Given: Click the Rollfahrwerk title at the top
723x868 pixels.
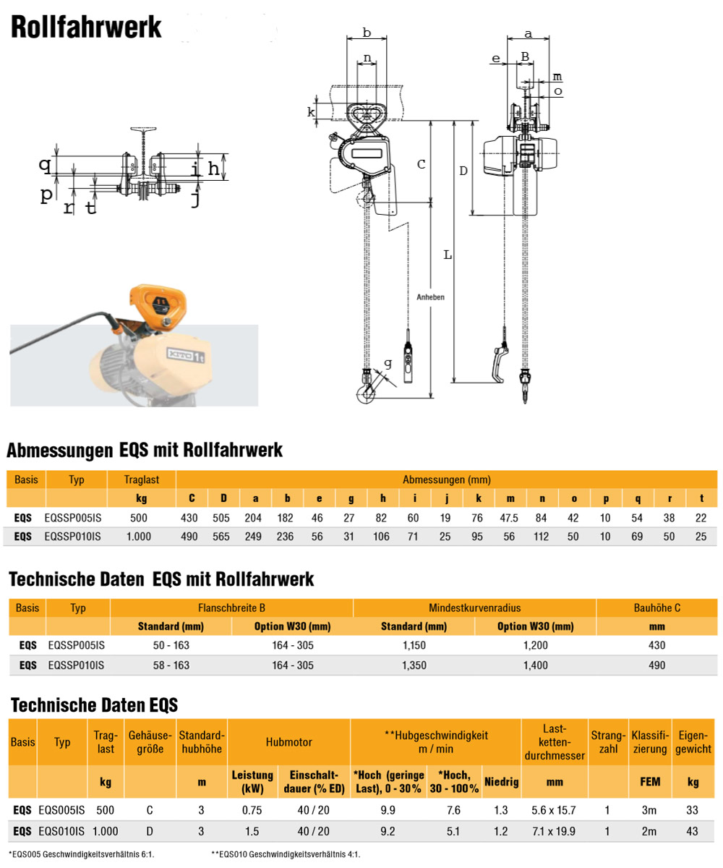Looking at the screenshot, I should (x=85, y=27).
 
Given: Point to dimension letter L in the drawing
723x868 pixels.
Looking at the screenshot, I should (x=448, y=255).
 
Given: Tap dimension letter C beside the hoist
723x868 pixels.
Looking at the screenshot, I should (x=422, y=164).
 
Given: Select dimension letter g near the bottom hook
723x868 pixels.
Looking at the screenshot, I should (x=388, y=362).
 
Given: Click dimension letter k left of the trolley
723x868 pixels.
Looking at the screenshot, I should (x=311, y=112).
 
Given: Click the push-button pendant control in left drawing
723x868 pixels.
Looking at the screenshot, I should (x=408, y=359).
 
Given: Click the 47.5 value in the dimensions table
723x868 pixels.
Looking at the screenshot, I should (x=510, y=517).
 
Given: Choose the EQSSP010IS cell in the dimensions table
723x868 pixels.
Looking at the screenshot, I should (x=72, y=536).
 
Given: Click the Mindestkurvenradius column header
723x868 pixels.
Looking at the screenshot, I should (x=474, y=608).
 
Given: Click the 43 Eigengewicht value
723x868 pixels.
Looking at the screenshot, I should (x=693, y=832).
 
